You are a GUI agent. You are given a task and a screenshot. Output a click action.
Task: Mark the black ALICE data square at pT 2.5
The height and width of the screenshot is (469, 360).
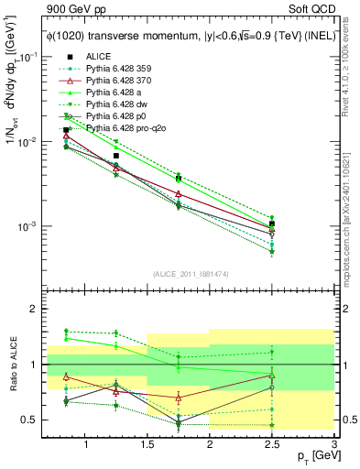coord(272,224)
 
